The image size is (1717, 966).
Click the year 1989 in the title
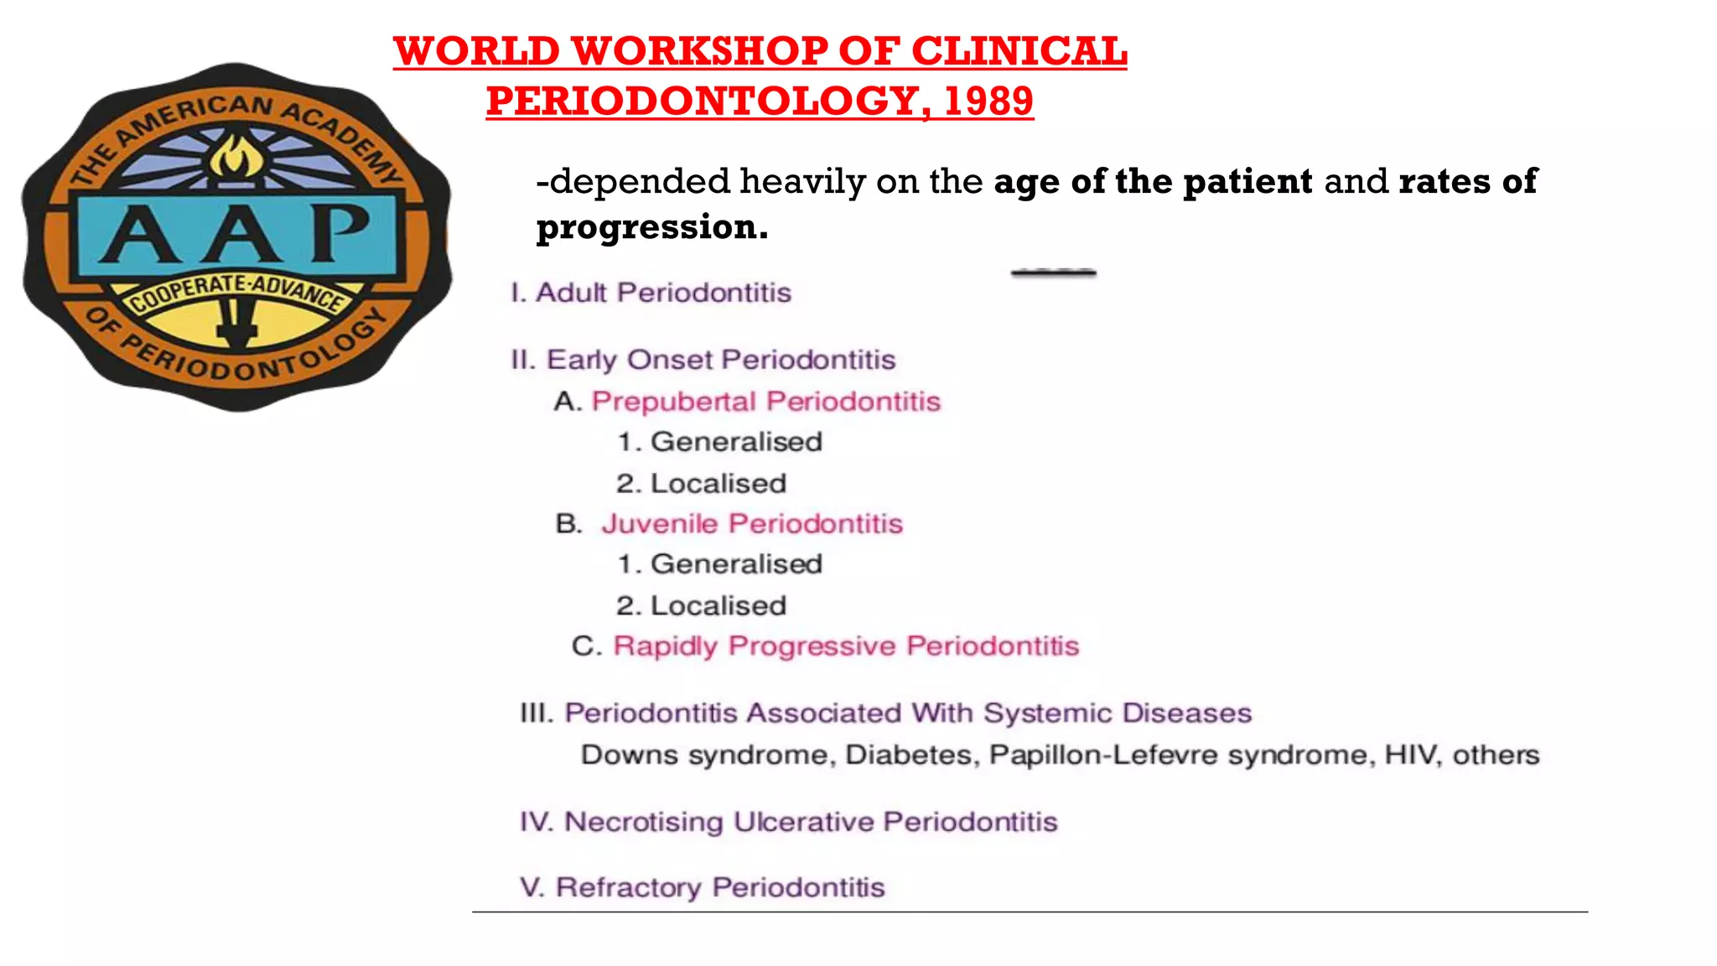(988, 101)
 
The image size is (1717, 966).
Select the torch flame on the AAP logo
(236, 157)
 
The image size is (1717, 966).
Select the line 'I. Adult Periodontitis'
(651, 293)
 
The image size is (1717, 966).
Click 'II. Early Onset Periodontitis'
(703, 360)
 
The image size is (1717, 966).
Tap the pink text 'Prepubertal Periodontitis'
(765, 402)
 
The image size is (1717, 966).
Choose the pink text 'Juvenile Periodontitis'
(752, 524)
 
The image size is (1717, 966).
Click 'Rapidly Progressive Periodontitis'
(846, 647)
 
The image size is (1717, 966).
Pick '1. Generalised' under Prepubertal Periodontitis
(719, 442)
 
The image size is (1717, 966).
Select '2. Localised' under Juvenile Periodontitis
(701, 606)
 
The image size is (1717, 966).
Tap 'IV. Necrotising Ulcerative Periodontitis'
(788, 822)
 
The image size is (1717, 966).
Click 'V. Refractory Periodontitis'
(703, 887)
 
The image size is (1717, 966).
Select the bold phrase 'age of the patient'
(1153, 182)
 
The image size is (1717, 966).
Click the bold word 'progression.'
(652, 227)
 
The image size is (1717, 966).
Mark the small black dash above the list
(1053, 272)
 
